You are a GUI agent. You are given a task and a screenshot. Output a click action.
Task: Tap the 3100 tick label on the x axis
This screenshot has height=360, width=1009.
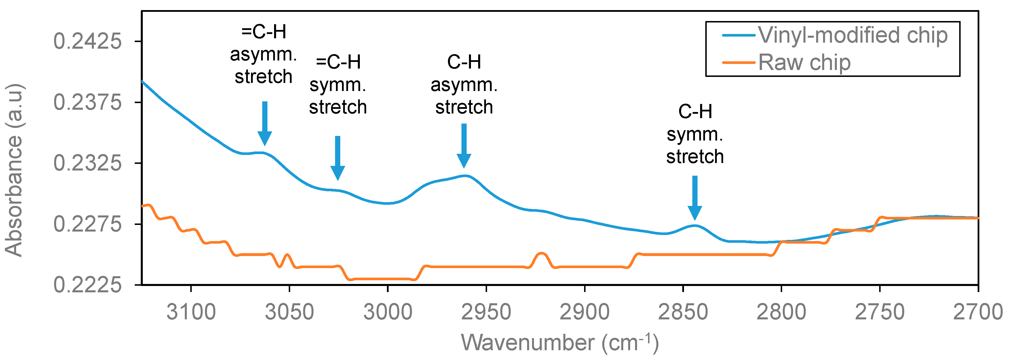tap(191, 312)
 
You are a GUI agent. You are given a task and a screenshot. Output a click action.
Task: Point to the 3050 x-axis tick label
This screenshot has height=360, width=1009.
tap(290, 312)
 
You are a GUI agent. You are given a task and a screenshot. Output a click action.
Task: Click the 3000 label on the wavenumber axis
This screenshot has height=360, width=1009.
tap(388, 312)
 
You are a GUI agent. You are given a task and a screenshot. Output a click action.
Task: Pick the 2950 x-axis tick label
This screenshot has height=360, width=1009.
tap(486, 312)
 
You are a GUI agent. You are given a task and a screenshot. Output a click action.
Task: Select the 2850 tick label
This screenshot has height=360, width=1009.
tap(683, 312)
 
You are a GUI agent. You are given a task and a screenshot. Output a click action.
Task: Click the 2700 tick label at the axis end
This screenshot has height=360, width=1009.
tap(978, 312)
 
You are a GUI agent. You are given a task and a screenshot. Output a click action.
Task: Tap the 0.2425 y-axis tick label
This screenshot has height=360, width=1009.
tap(87, 41)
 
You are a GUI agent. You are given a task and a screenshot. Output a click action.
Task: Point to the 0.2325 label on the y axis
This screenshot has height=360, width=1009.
tap(87, 163)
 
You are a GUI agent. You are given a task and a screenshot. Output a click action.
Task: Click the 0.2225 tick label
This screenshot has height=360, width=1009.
tap(87, 285)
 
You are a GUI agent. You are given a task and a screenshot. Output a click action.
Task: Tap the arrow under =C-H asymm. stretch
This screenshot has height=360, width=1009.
tap(265, 123)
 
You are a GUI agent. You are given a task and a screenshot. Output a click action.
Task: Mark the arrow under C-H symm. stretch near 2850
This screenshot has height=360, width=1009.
tap(695, 198)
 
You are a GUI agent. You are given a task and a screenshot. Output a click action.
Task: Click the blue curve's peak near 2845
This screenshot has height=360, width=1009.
tap(695, 225)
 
